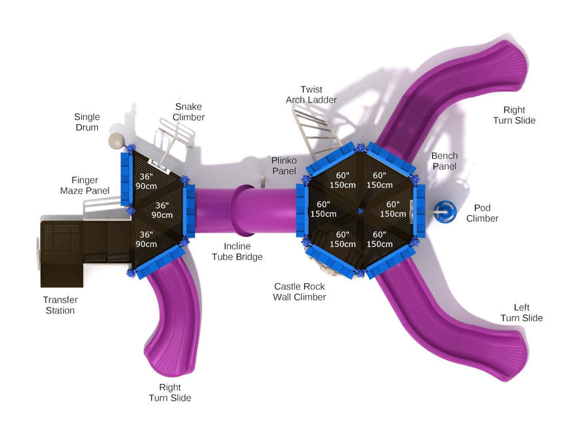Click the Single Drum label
coord(87,123)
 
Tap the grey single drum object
coord(117,141)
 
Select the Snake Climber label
coord(188,112)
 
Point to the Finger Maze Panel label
coord(85,186)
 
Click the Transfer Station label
coord(60,305)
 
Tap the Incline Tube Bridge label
coord(237,252)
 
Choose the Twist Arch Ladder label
coord(311,95)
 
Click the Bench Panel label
coord(444,161)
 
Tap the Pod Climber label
coord(482,213)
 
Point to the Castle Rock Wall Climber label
coord(300,292)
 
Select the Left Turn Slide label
coord(521,313)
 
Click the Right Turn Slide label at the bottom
coord(170,392)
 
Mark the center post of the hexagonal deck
coord(360,212)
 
